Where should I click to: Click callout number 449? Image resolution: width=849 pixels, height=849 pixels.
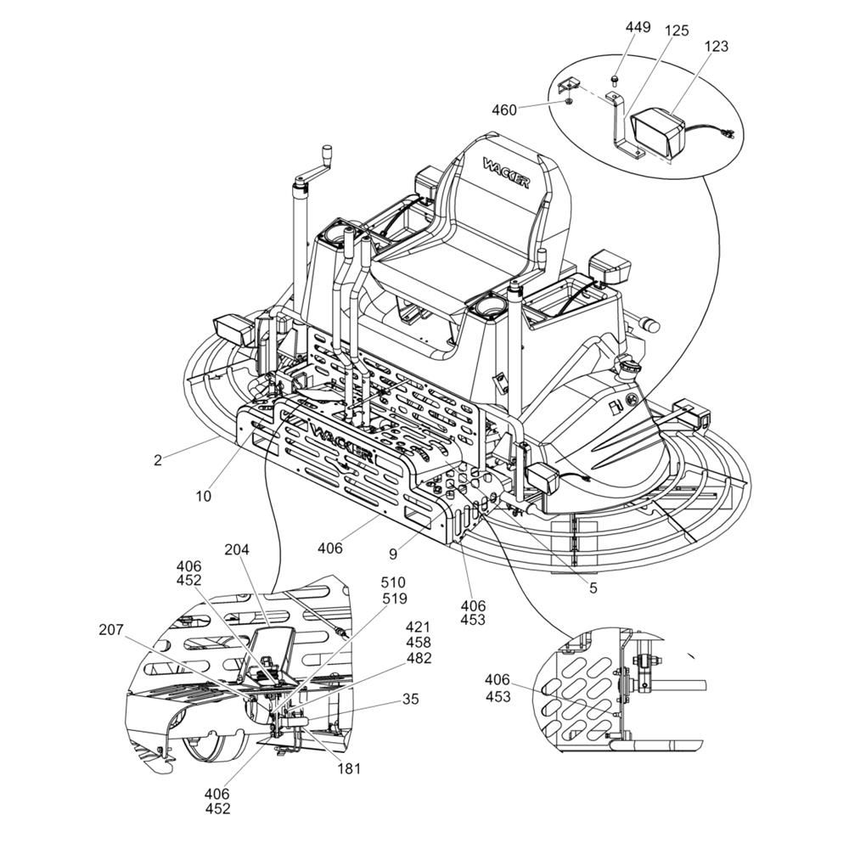point(638,27)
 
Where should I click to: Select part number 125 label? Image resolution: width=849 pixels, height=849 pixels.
point(677,31)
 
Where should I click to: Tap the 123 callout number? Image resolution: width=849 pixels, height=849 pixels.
point(717,47)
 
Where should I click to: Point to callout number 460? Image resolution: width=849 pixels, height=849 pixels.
point(504,110)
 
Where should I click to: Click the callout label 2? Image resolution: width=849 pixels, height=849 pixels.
point(158,461)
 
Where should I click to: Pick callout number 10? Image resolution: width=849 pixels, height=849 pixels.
point(203,496)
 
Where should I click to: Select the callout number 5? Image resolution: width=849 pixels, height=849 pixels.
point(593,588)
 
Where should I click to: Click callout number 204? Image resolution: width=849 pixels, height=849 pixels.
point(237,550)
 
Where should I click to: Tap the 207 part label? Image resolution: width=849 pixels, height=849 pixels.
point(111,630)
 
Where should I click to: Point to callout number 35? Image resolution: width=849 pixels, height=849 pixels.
point(411,699)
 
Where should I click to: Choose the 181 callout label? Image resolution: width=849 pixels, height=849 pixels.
point(349,768)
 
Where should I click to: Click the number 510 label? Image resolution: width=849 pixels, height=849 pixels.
point(393,582)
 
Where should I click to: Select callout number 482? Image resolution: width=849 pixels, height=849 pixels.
point(419,658)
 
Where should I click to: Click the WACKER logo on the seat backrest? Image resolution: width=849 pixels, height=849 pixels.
point(506,172)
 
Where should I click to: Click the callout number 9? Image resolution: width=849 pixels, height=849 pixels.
point(393,554)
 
